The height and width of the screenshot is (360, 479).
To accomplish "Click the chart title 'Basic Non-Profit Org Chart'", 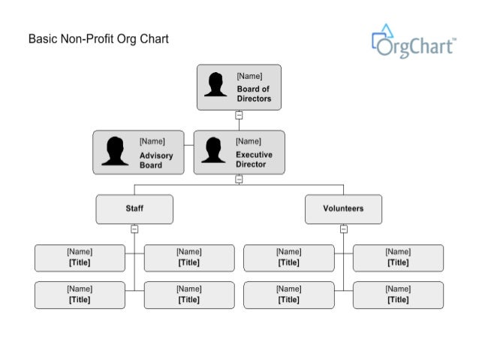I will [98, 38].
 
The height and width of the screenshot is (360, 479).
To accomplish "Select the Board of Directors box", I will [239, 87].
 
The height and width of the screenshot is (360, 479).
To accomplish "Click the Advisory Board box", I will [138, 153].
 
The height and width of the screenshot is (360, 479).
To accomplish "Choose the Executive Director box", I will [239, 153].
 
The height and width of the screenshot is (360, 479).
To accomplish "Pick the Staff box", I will [134, 209].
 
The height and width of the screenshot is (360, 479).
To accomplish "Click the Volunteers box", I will [343, 209].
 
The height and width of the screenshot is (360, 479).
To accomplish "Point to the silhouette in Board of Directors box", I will [216, 85].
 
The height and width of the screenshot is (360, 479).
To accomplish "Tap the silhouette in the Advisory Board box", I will [115, 151].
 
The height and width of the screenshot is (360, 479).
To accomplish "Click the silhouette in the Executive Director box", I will [214, 150].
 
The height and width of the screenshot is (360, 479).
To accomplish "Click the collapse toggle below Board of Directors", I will [239, 116].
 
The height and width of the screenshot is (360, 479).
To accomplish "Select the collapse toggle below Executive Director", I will [239, 179].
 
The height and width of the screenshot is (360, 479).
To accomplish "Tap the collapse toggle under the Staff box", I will [134, 228].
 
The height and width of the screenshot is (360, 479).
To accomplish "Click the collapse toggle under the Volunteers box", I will [343, 228].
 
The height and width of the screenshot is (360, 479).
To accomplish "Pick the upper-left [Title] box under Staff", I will [80, 258].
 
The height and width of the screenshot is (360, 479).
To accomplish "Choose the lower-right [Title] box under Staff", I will [189, 295].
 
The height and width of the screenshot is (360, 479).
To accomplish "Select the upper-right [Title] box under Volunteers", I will [398, 258].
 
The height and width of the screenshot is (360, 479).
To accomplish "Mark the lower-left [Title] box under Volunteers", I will [288, 295].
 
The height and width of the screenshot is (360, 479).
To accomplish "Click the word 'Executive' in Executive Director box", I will [255, 155].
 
